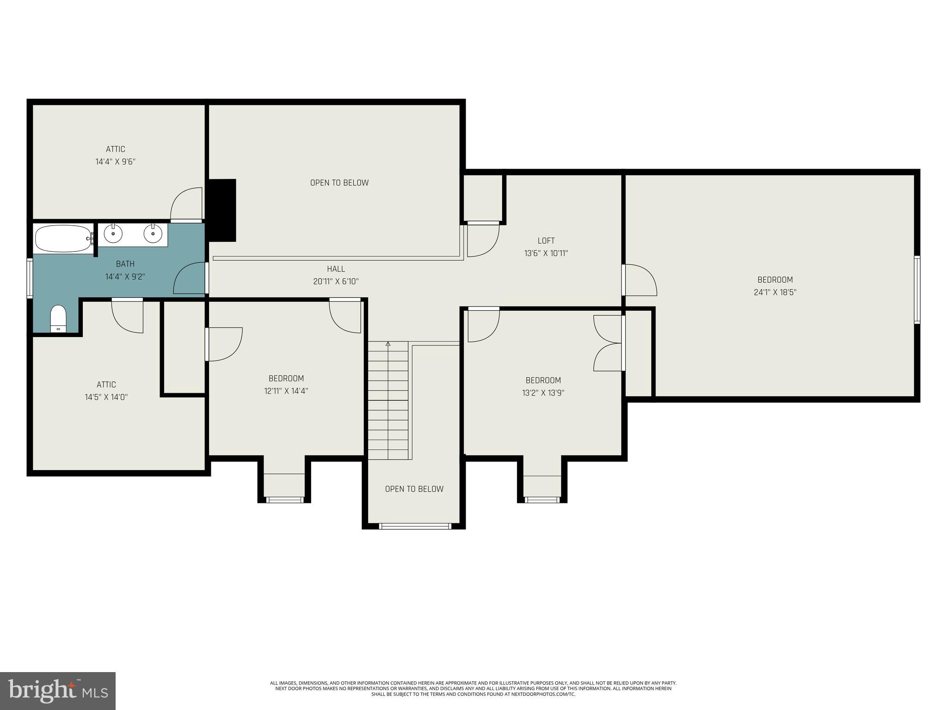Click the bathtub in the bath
[x=62, y=239]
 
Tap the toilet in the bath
[x=58, y=318]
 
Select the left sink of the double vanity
[x=113, y=233]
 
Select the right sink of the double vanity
[x=153, y=233]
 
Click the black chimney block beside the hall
[x=222, y=210]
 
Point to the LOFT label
[x=546, y=240]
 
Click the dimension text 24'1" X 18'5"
[x=775, y=292]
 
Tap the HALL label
[x=336, y=269]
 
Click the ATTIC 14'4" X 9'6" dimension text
[x=115, y=162]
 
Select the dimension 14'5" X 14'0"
[x=106, y=397]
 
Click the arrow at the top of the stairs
[x=388, y=344]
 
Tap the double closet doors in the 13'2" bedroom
[x=608, y=343]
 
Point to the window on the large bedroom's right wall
[x=917, y=289]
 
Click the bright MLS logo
[x=58, y=691]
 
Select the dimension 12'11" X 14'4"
[x=286, y=391]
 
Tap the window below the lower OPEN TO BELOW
[x=415, y=526]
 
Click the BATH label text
[x=125, y=264]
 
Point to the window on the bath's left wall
[x=30, y=278]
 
